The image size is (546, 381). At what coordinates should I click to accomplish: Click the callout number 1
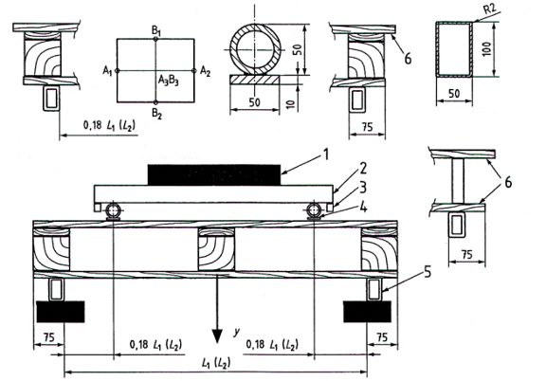pos(325,154)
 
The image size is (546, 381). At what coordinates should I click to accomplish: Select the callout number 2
pos(363,169)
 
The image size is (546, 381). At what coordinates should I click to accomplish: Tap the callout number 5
pos(428,272)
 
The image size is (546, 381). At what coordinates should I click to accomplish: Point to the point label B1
pos(156,30)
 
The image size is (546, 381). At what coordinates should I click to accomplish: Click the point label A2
pos(205,71)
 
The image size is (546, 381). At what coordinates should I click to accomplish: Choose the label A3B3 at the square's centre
pos(169,81)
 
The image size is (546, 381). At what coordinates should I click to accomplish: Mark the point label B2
pos(156,113)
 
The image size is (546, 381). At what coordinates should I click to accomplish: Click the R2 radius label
pos(489,9)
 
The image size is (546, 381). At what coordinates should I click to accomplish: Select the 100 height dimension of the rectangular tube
pos(487,49)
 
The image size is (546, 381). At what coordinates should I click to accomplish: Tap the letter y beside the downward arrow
pos(237,332)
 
